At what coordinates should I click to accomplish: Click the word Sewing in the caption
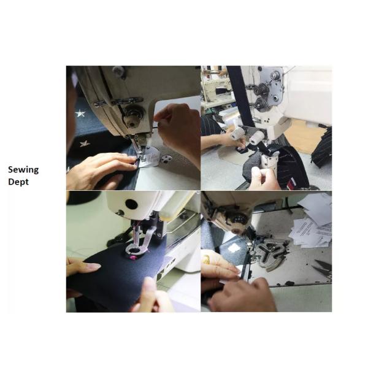pos(23,170)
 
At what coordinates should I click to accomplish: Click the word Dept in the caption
pos(18,182)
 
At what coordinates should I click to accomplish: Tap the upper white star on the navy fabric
pos(80,114)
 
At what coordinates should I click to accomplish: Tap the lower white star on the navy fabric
pos(85,144)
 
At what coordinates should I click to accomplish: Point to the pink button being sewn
pos(134,258)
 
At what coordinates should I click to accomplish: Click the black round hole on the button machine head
pos(131,204)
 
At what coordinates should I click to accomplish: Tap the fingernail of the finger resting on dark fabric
pos(94,266)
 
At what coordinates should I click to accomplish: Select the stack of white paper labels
pos(310,232)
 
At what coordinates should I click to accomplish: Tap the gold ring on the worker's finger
pos(207,258)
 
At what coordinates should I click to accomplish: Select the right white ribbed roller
pos(257,137)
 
